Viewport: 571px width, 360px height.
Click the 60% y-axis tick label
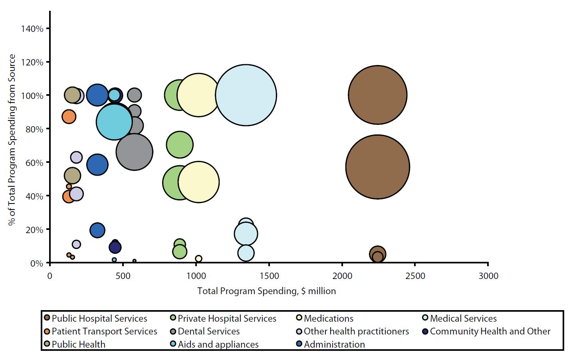tap(36, 163)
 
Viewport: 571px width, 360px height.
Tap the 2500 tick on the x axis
tap(415, 276)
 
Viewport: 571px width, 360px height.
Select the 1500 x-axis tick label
tap(269, 276)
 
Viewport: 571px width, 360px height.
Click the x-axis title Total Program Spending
tap(266, 291)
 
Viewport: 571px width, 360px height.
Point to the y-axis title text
tap(12, 140)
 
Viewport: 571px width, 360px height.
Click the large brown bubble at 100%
tap(377, 95)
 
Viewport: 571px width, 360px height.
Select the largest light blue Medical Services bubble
tap(246, 95)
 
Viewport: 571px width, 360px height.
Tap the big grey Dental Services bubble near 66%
tap(134, 152)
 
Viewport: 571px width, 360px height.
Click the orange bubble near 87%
tap(69, 117)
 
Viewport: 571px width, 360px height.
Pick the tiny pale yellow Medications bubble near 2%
tap(198, 259)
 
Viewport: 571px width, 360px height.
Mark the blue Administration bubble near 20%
tap(97, 230)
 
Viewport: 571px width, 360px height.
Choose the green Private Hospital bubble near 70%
tap(180, 144)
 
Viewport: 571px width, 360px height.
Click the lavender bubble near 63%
tap(76, 157)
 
